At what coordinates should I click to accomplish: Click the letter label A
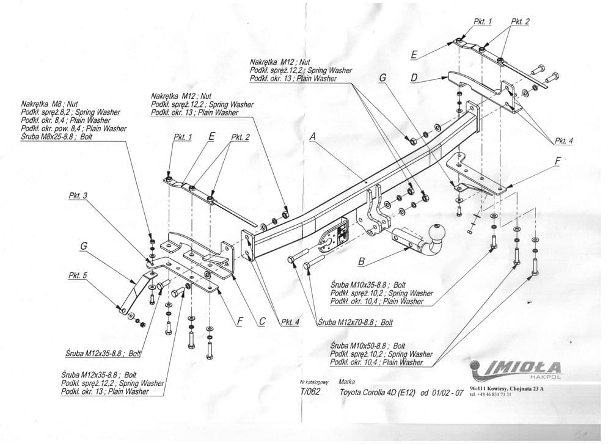tap(312, 138)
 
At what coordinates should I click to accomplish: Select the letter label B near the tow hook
tap(361, 262)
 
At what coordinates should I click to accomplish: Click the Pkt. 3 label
tap(78, 196)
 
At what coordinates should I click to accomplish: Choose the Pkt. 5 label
tap(78, 275)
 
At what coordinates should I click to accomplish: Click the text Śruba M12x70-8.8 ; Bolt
tap(356, 322)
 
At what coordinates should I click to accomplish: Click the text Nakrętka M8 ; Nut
tap(49, 104)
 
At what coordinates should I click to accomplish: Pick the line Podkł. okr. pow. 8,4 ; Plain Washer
tap(73, 129)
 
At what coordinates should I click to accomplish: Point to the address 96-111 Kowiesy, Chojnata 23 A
tap(507, 388)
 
